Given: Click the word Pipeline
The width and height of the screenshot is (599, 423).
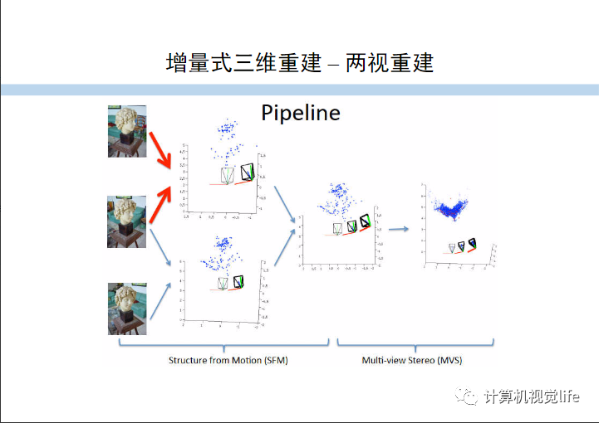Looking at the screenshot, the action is [x=301, y=113].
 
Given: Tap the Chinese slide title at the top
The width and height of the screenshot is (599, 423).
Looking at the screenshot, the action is [x=300, y=62].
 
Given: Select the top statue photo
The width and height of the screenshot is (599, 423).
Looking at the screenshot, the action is [x=126, y=131].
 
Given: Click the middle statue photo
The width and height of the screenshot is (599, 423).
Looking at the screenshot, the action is [x=126, y=221].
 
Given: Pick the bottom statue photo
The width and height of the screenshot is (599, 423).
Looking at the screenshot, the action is [x=126, y=309].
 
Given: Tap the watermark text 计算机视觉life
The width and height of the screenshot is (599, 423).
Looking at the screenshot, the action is [x=532, y=397].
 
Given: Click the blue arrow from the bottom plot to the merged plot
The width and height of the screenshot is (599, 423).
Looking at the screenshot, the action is [x=285, y=250].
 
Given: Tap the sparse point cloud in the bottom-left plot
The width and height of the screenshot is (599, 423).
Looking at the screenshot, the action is [x=219, y=257].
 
